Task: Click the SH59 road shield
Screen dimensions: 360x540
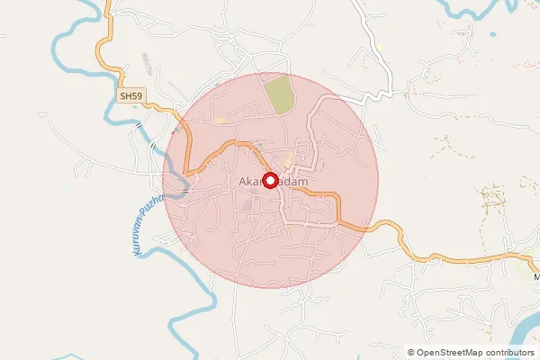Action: coord(130,94)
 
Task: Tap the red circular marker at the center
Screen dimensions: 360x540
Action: coord(268,180)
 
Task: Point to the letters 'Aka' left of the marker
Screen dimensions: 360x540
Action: coord(249,182)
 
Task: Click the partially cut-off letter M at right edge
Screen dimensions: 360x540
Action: coord(536,277)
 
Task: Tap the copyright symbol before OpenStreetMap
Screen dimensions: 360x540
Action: coord(411,353)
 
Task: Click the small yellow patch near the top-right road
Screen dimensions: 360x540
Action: coord(379,46)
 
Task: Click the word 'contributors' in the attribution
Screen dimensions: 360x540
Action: coord(506,353)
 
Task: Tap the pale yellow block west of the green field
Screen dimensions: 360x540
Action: coord(220,120)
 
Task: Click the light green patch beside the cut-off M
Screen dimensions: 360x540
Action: coord(528,256)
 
